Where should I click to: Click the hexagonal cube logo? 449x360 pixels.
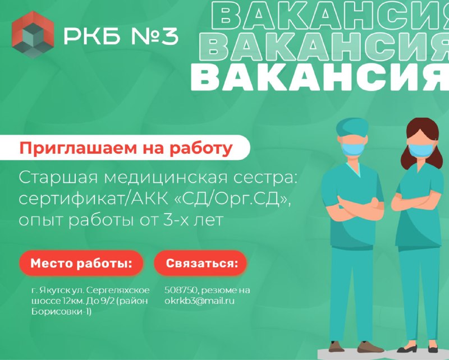coord(33,35)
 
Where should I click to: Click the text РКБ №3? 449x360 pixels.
coord(121,36)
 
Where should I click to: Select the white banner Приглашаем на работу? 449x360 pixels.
coord(125,147)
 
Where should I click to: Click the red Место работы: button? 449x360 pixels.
coord(81,263)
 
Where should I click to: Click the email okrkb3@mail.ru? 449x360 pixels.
coord(199,301)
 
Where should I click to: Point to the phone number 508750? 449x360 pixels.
coord(181,290)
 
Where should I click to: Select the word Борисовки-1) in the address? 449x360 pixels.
coord(62,312)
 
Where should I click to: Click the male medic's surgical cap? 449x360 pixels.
coord(352,127)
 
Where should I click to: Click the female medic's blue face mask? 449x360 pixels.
coord(421,150)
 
